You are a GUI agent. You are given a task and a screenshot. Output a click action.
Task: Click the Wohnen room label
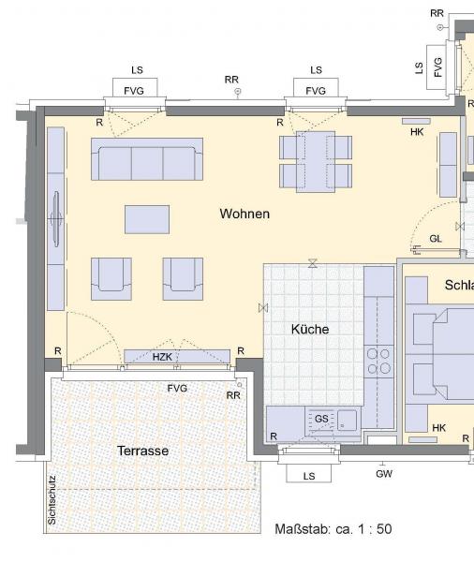[244, 214]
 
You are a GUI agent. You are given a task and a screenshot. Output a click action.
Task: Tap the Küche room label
[310, 329]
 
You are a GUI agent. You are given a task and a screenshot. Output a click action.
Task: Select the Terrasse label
[142, 451]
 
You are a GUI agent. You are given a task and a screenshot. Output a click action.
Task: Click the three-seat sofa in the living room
[147, 159]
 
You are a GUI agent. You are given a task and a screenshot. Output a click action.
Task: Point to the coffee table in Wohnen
[147, 219]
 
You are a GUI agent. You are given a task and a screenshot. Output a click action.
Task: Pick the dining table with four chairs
[316, 162]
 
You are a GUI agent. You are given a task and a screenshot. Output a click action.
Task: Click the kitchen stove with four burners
[378, 362]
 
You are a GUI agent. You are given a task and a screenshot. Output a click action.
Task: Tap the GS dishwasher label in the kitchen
[321, 419]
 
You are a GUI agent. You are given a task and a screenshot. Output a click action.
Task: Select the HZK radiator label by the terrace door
[162, 357]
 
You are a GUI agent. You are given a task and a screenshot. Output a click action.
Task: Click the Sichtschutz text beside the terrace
[52, 500]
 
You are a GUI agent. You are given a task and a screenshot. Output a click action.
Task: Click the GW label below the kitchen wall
[384, 474]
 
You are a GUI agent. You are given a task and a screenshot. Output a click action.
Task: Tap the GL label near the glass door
[436, 239]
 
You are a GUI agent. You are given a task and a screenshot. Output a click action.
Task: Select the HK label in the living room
[417, 132]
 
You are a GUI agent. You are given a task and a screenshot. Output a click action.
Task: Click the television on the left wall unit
[56, 218]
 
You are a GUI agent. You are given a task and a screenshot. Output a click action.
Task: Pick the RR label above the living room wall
[231, 80]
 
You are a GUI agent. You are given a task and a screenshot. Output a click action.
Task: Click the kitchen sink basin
[348, 420]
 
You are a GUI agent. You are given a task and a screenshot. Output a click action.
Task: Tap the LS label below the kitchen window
[309, 477]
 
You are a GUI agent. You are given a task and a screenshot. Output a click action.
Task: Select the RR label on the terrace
[233, 395]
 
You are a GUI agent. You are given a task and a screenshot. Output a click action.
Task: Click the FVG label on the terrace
[177, 389]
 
